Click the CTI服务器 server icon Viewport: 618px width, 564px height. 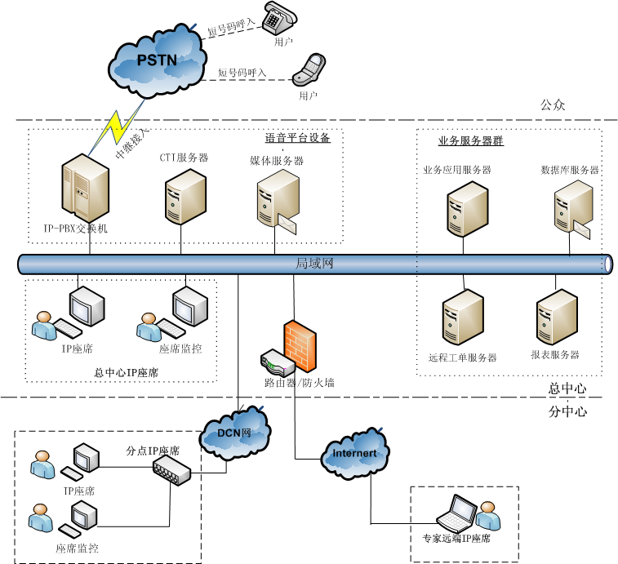click(185, 196)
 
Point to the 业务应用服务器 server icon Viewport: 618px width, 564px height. click(466, 208)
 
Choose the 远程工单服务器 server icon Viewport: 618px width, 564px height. click(463, 320)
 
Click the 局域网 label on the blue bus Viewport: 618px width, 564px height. click(314, 264)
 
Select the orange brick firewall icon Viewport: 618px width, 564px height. click(299, 347)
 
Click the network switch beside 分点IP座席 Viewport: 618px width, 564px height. click(171, 469)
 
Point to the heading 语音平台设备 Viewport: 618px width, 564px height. click(298, 138)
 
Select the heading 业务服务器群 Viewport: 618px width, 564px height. click(471, 141)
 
